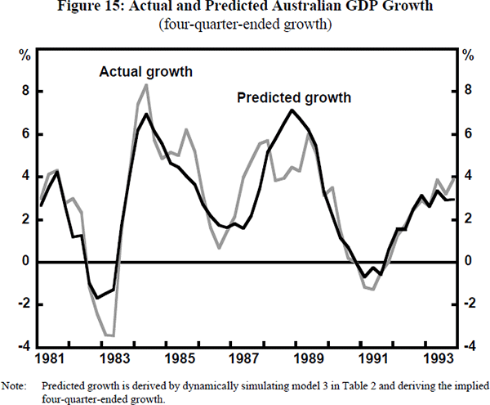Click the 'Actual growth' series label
point(145,72)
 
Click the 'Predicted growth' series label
point(294,98)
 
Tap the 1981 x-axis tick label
point(51,359)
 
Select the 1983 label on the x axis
point(115,359)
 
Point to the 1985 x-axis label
point(180,359)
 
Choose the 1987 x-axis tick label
point(243,359)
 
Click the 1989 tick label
point(308,359)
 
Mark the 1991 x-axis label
point(372,359)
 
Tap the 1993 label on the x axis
point(437,359)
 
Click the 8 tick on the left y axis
point(27,91)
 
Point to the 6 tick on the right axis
point(466,133)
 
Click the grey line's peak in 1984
point(146,85)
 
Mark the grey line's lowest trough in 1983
point(112,335)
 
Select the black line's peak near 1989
point(291,110)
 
